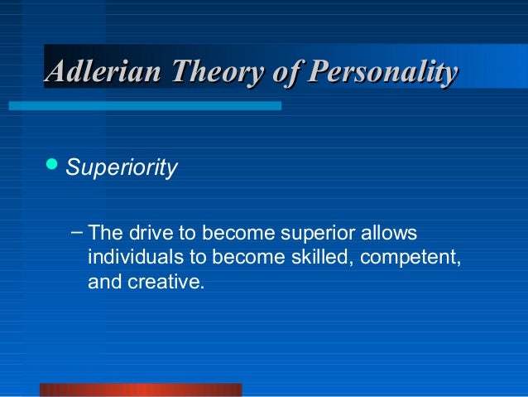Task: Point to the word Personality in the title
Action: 382,73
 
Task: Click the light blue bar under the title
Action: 145,106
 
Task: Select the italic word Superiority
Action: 121,168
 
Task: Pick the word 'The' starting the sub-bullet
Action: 104,233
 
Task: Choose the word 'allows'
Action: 389,233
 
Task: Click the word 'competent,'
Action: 410,258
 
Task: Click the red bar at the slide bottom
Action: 141,390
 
